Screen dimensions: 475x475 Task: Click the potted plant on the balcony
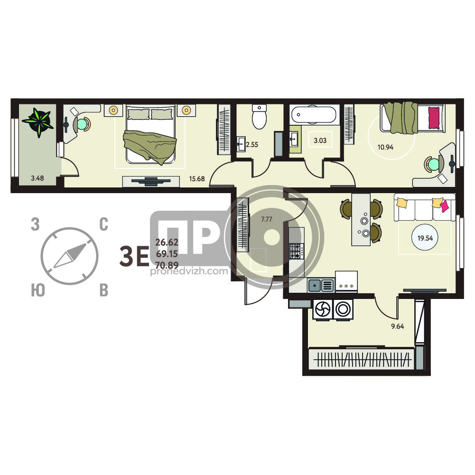(38, 122)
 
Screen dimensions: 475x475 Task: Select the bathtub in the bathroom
(314, 115)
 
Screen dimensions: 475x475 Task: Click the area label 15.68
(197, 179)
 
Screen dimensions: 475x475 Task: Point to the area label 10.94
(385, 147)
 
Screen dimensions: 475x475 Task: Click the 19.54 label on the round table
(425, 238)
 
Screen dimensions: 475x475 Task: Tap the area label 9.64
(398, 326)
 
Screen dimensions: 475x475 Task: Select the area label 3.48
(37, 178)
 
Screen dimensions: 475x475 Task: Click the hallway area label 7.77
(267, 219)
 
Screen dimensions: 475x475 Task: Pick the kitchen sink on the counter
(321, 285)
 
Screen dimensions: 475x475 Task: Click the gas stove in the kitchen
(296, 251)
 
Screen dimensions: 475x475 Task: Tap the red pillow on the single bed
(434, 118)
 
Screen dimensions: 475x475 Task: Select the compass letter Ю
(38, 290)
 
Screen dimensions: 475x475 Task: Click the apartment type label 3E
(134, 256)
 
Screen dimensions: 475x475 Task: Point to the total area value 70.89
(167, 265)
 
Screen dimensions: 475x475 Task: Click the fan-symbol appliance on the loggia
(323, 309)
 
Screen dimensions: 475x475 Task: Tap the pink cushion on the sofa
(445, 206)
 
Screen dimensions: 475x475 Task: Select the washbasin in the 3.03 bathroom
(294, 140)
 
